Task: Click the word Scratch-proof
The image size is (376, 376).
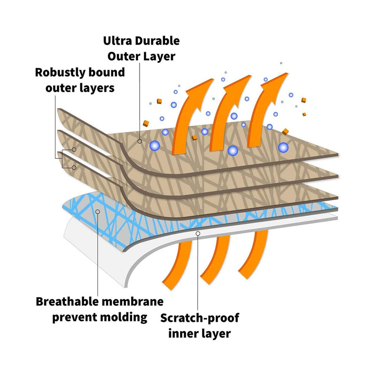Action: tap(200, 318)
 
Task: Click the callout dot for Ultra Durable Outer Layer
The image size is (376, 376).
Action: tap(140, 141)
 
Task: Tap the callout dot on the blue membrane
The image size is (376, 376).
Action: tap(98, 212)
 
